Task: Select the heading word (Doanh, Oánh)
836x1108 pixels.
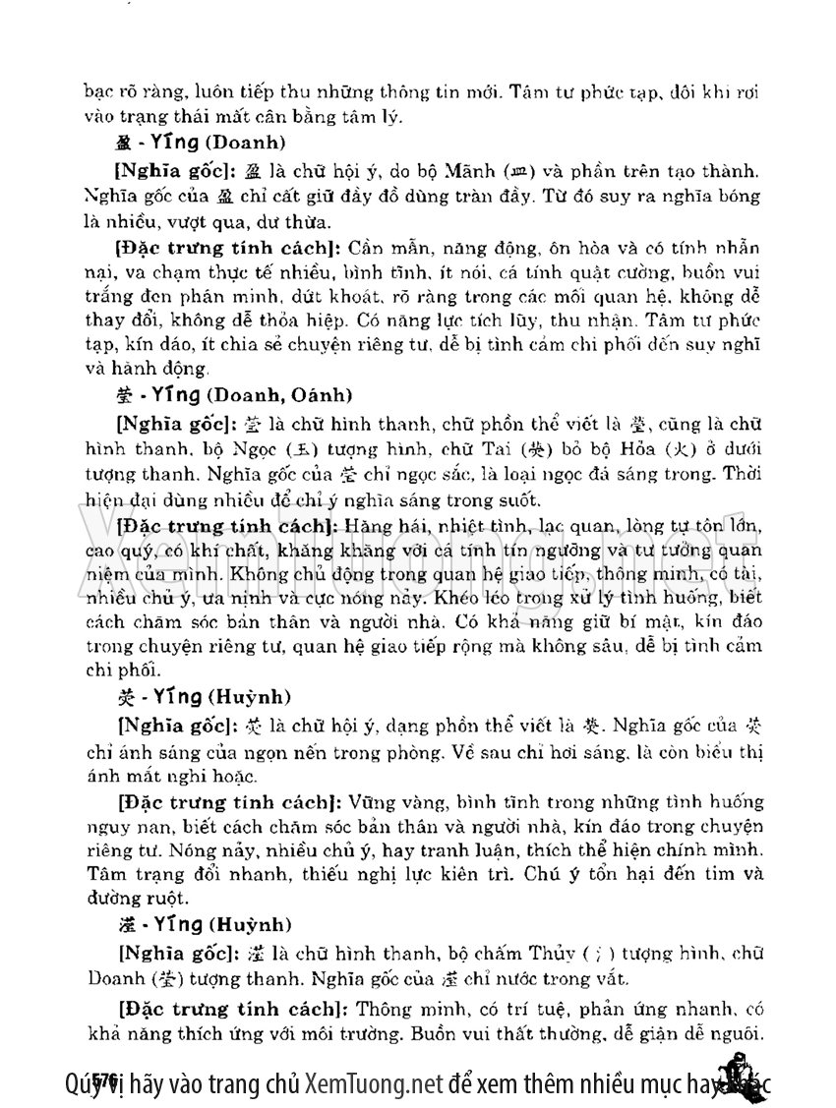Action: tap(284, 394)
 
